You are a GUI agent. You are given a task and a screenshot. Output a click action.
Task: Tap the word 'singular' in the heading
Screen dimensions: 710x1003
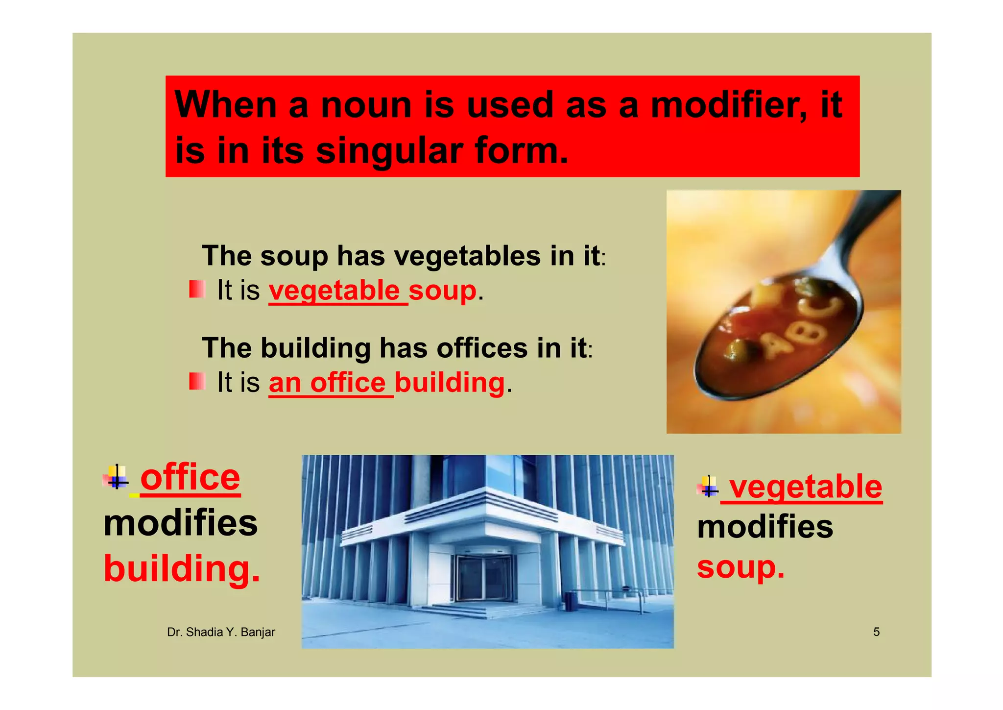(x=389, y=151)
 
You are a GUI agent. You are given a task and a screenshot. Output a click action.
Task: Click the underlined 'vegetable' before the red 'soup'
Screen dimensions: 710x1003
(x=335, y=290)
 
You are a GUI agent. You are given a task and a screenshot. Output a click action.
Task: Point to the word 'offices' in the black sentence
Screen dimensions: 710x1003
(x=482, y=348)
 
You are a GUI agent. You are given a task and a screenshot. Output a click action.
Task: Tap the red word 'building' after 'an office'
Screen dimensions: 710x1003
(x=450, y=382)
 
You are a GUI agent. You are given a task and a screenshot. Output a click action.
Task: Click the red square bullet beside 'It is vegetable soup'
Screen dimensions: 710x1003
(x=197, y=289)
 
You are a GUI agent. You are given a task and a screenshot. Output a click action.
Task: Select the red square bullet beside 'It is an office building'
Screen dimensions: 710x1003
(x=197, y=381)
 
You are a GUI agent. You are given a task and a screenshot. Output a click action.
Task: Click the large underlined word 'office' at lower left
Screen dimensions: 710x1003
(x=190, y=477)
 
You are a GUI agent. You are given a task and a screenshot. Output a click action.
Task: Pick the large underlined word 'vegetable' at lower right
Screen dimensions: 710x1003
(x=805, y=487)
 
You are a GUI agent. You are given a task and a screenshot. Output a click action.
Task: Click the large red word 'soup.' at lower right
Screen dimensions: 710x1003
(x=740, y=567)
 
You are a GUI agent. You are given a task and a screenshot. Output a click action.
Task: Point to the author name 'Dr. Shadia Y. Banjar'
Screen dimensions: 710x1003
(x=221, y=632)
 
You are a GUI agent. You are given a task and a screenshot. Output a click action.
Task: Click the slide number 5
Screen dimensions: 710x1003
(x=876, y=632)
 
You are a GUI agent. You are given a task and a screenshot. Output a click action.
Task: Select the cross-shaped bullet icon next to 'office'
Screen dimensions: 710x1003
(x=117, y=476)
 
